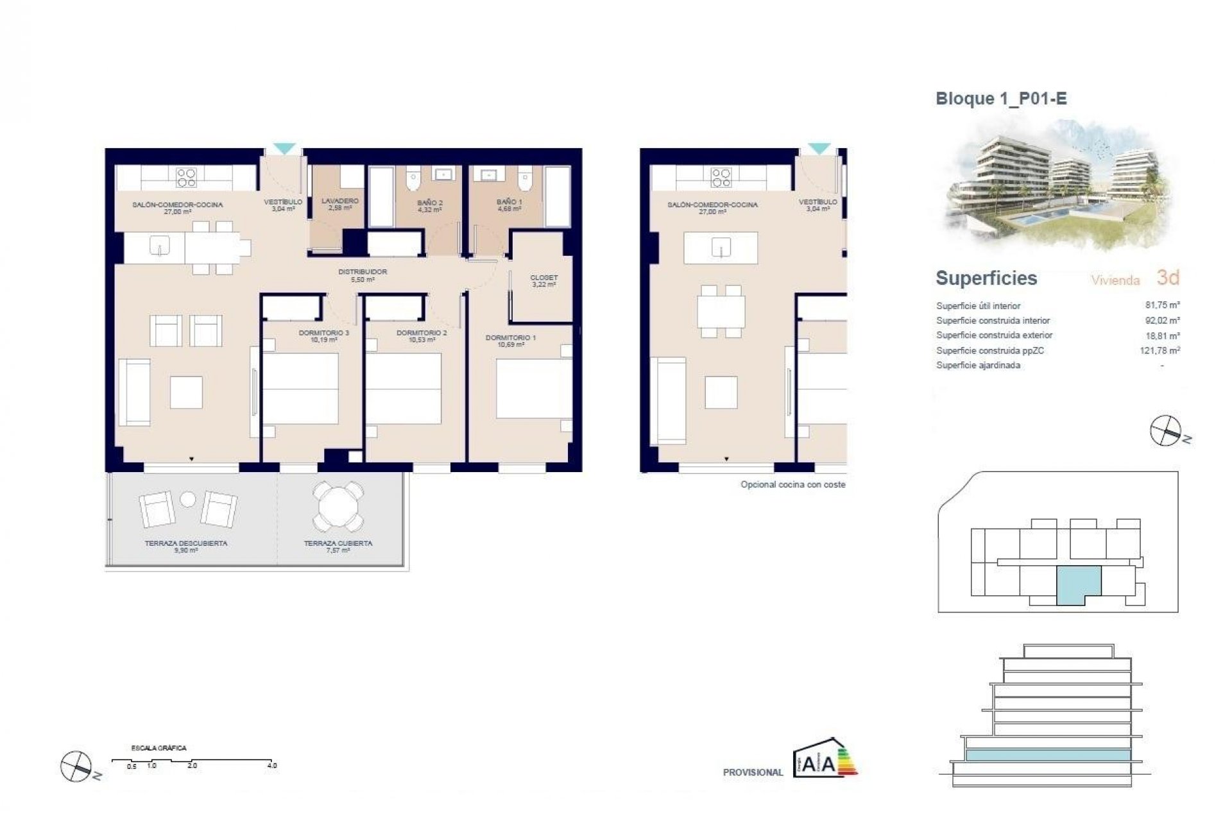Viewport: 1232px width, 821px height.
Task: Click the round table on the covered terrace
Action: click(x=338, y=507)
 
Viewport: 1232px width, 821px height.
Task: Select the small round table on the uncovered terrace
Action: click(x=188, y=498)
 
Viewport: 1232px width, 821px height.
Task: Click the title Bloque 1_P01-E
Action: click(x=1001, y=99)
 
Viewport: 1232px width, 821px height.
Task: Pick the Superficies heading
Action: click(x=986, y=278)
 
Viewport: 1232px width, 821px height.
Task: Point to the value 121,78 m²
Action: click(x=1160, y=351)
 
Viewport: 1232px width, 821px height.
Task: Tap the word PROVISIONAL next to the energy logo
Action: click(x=753, y=773)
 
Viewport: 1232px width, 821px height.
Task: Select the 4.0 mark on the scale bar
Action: click(x=272, y=765)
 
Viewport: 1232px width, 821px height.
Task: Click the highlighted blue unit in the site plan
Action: click(x=1078, y=582)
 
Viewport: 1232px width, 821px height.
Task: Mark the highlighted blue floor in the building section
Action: click(x=1047, y=756)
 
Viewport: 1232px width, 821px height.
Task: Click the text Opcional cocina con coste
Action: click(x=792, y=485)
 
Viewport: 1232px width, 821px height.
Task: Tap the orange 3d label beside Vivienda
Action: click(x=1168, y=278)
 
